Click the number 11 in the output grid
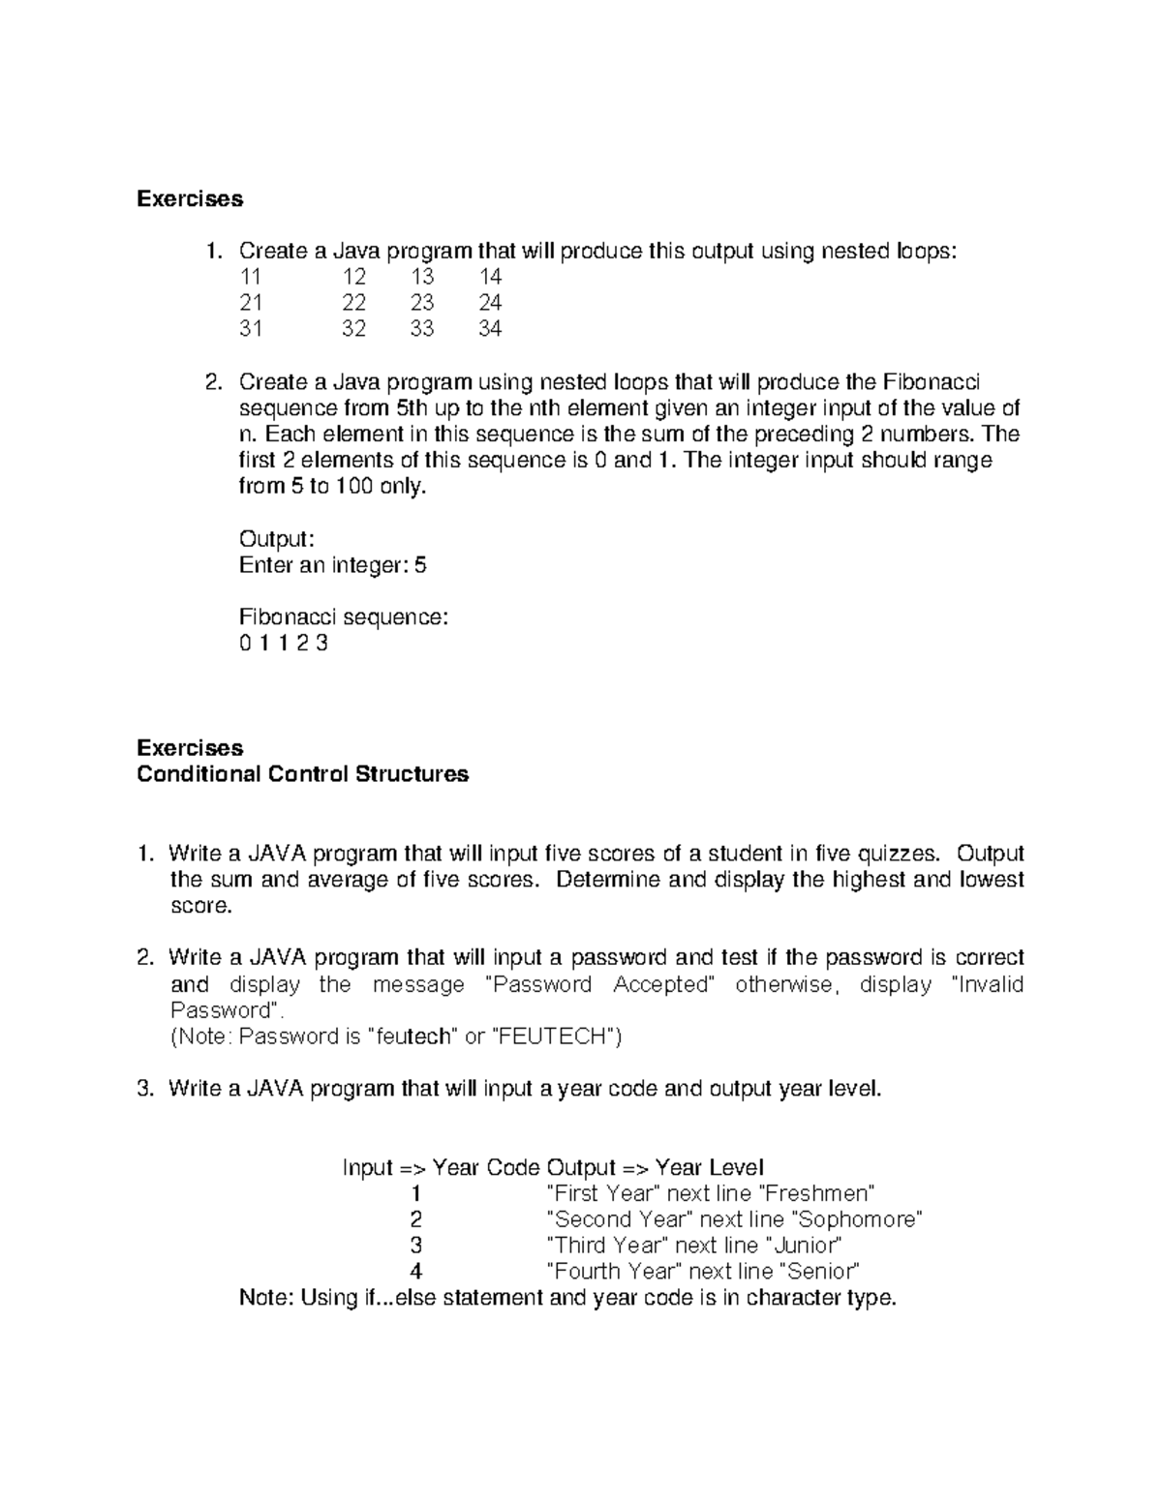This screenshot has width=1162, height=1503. [250, 277]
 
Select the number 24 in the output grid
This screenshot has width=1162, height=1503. [490, 303]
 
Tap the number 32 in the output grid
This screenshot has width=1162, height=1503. [353, 329]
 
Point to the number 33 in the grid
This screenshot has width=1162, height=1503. [421, 329]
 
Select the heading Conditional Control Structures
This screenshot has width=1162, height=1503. [303, 774]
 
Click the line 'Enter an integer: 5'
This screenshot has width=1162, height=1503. [332, 565]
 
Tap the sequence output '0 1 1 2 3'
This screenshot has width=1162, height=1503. [283, 644]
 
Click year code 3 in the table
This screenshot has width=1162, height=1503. [416, 1246]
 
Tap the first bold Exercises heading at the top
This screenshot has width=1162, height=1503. [190, 199]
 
